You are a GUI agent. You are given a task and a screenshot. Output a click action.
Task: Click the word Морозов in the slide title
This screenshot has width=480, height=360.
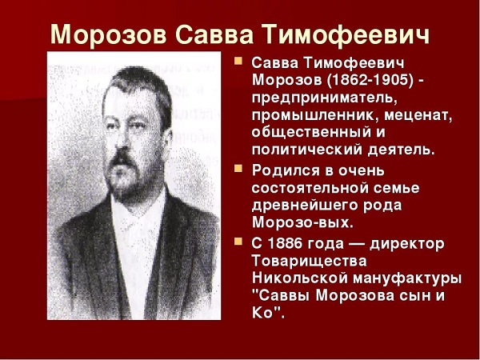click(108, 34)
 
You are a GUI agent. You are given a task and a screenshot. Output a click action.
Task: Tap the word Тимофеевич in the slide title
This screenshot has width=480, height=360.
click(346, 34)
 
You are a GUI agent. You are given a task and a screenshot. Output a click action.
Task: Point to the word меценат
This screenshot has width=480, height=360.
click(418, 115)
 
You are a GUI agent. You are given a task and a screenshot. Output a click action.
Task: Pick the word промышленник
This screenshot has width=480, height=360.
click(315, 116)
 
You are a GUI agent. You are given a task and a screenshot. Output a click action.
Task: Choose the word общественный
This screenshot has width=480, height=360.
click(310, 133)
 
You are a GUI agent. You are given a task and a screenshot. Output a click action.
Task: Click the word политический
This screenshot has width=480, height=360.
click(307, 150)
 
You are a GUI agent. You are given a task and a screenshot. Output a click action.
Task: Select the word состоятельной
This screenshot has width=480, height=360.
click(310, 188)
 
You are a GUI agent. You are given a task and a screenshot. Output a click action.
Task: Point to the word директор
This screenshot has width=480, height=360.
click(407, 244)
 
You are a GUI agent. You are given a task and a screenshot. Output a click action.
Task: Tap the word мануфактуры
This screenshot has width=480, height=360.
click(407, 279)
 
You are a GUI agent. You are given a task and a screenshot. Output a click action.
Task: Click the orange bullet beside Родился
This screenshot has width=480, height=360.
click(238, 168)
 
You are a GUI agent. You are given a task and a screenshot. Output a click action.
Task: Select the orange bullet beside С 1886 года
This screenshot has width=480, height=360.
click(238, 242)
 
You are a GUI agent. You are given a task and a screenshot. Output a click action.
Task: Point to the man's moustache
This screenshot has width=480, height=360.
click(122, 158)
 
